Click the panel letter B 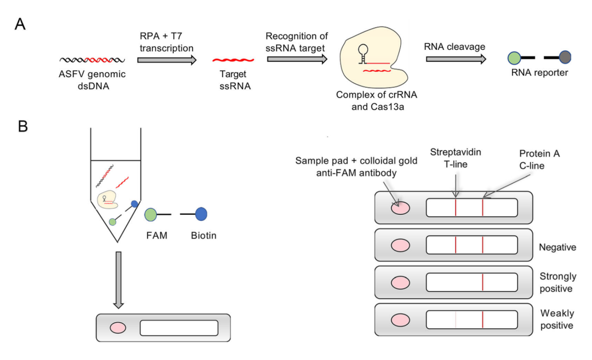[22, 127]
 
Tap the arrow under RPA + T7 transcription [167, 59]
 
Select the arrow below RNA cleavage [456, 59]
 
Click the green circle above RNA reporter [514, 57]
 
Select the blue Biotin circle [201, 214]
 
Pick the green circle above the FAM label [151, 214]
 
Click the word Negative [557, 247]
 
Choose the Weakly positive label [557, 319]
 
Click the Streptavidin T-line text [456, 157]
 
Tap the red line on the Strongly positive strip [483, 283]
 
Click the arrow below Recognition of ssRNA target [297, 59]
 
